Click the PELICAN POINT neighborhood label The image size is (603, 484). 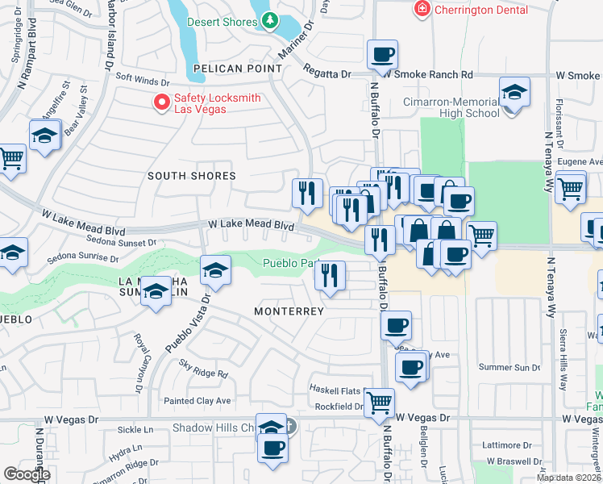pyautogui.click(x=238, y=69)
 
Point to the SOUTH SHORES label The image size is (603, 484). pyautogui.click(x=192, y=176)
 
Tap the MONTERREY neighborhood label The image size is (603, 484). pyautogui.click(x=289, y=311)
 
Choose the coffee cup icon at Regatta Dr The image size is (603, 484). pyautogui.click(x=382, y=54)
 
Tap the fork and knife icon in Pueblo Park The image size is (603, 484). pyautogui.click(x=329, y=274)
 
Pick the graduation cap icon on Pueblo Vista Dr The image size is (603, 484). pyautogui.click(x=215, y=269)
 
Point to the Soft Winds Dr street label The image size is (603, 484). pyautogui.click(x=143, y=81)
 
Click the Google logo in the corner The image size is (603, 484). pyautogui.click(x=27, y=474)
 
